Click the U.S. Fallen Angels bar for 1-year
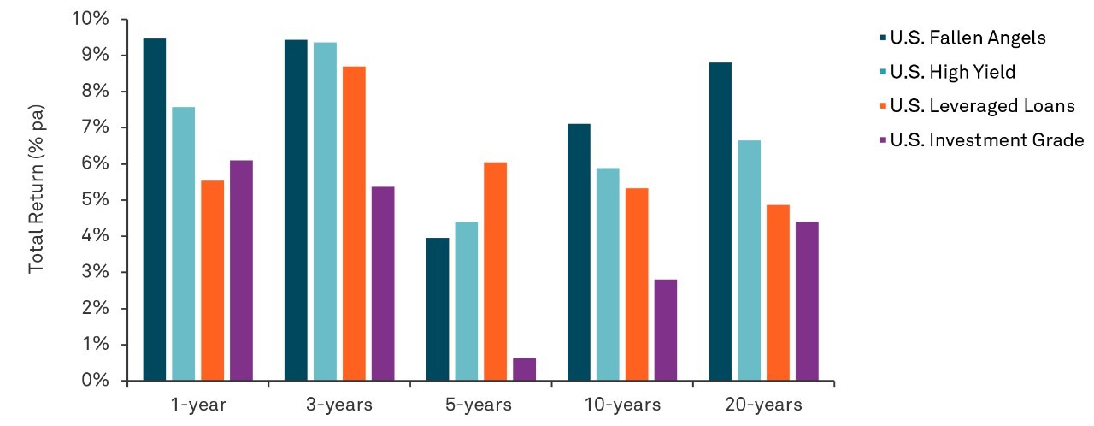pos(155,210)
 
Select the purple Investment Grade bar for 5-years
pos(524,370)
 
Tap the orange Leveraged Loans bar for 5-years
pos(495,272)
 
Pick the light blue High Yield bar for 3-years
pos(325,211)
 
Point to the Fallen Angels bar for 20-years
pos(720,222)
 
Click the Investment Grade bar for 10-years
pos(666,330)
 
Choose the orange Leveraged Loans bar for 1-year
pos(213,281)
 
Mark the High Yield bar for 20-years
pos(750,260)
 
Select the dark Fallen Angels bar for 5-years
pos(438,310)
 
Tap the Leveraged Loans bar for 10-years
pos(637,284)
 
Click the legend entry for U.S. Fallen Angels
pos(962,38)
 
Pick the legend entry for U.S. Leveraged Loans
pos(977,106)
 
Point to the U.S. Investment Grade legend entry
pos(982,140)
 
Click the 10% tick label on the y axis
pos(91,19)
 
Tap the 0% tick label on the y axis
pos(95,380)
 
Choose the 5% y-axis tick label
pos(95,199)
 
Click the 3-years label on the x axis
pos(339,405)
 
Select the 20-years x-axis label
pos(764,405)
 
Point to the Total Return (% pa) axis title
pos(36,189)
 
